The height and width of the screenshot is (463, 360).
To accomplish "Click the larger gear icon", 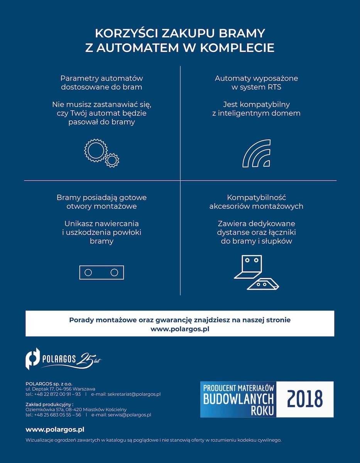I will point(95,150).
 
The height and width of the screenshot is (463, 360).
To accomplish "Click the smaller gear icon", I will point(112,160).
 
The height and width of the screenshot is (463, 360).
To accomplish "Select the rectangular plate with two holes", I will point(101,272).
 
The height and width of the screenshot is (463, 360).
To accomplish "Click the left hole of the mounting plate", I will point(88,272).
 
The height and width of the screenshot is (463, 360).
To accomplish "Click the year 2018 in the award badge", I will point(305,399).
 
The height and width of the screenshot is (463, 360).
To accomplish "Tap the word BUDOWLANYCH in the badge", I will point(238,399).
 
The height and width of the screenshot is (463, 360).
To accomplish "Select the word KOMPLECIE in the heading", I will point(236,48).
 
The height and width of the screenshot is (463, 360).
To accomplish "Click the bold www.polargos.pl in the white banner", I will point(180,329).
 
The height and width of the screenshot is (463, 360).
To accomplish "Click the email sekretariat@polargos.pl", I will point(134,394).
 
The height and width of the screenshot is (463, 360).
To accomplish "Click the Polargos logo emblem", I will point(33,358).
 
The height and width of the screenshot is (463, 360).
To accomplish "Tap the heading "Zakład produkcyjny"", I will point(49,404).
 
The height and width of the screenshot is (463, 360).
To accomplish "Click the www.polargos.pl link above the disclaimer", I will point(55,429).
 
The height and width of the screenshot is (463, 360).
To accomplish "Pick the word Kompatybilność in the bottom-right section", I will point(256,198).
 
